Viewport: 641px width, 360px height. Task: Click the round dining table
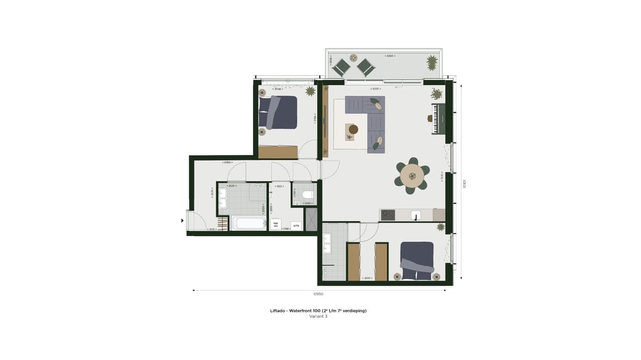click(411, 176)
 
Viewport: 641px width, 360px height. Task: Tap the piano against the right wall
click(438, 119)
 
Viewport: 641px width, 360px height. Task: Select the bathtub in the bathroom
click(249, 223)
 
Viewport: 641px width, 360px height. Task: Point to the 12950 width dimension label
click(319, 294)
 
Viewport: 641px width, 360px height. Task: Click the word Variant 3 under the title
click(318, 316)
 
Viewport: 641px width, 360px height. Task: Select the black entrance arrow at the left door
click(183, 221)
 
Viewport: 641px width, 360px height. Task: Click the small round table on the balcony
click(353, 58)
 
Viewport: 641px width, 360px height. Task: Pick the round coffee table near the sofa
click(353, 129)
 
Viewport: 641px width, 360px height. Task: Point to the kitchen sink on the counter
click(416, 215)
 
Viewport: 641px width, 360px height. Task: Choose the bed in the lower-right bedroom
click(417, 260)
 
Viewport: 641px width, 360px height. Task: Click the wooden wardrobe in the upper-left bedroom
click(278, 152)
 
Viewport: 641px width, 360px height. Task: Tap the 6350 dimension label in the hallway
click(227, 162)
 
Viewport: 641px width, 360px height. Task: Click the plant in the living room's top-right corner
click(437, 94)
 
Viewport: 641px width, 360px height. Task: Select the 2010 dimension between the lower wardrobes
click(367, 278)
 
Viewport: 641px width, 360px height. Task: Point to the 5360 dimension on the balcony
click(390, 56)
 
